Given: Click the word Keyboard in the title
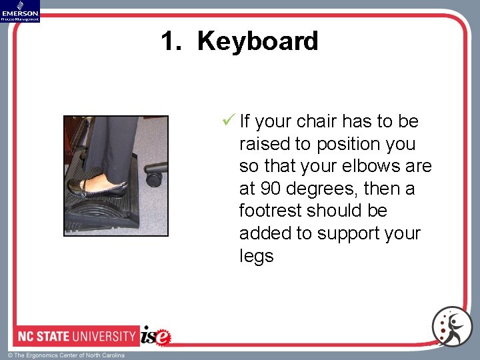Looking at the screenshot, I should coord(258,41).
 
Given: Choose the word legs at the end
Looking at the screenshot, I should coord(257,256).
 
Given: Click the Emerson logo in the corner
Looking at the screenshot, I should coord(20,11).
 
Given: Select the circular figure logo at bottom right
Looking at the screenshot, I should coord(451,326).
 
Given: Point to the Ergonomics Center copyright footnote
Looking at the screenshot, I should coord(65,355).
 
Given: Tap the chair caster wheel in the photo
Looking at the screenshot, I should coord(155,178).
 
